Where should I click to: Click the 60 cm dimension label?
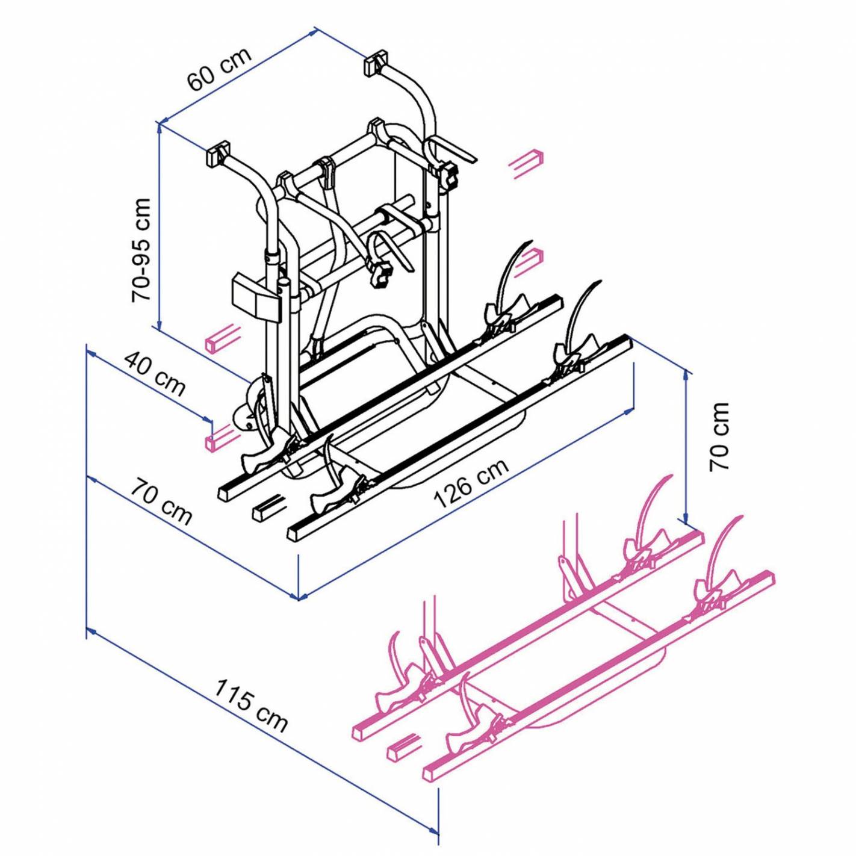pyautogui.click(x=220, y=67)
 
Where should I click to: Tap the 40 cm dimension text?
pyautogui.click(x=155, y=374)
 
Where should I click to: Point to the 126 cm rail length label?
pyautogui.click(x=471, y=483)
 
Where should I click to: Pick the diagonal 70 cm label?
pyautogui.click(x=161, y=501)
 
